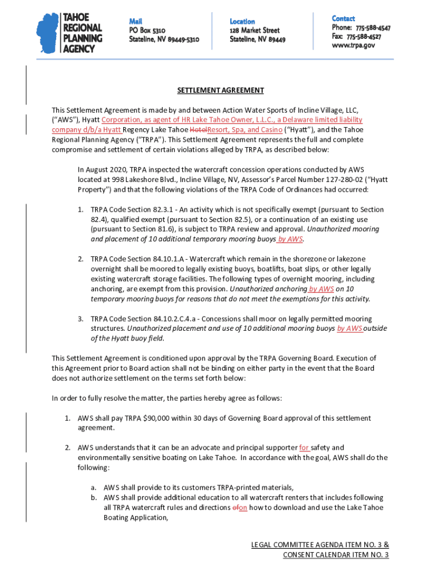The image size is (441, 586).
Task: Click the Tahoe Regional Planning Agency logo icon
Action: click(x=48, y=33)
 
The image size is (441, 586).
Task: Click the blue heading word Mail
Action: click(x=135, y=21)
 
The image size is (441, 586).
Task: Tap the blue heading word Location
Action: click(x=242, y=21)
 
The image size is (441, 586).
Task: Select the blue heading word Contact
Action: click(x=343, y=18)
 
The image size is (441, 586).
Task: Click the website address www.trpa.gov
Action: click(x=353, y=45)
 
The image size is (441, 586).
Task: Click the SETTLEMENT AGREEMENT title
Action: click(x=220, y=90)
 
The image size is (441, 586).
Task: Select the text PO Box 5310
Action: click(x=147, y=30)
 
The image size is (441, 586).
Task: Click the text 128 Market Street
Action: click(x=254, y=30)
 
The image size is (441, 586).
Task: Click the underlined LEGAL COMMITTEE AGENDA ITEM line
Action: click(x=320, y=545)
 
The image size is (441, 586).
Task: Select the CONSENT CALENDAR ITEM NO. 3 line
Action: click(x=336, y=555)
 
